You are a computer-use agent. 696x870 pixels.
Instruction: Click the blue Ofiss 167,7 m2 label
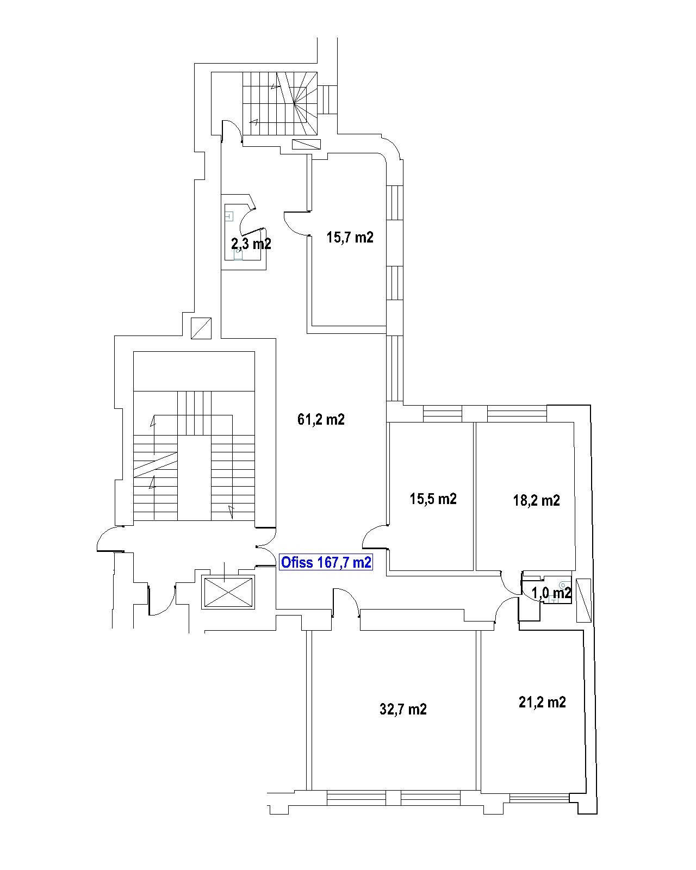326,562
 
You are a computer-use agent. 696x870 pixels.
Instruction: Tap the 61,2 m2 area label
321,420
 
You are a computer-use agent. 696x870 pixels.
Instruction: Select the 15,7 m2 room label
350,237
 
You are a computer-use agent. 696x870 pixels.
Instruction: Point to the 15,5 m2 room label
433,499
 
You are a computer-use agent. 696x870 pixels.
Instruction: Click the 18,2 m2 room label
536,500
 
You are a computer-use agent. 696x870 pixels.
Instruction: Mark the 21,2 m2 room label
542,702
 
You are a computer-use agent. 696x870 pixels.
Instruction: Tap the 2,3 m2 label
251,244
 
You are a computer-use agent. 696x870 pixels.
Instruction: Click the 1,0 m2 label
551,593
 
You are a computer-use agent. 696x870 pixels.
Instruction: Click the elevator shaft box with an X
228,592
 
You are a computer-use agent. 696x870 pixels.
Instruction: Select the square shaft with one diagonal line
201,328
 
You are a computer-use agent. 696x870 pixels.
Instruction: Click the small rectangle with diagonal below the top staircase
306,144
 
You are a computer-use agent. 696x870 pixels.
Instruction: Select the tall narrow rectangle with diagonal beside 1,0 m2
583,600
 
